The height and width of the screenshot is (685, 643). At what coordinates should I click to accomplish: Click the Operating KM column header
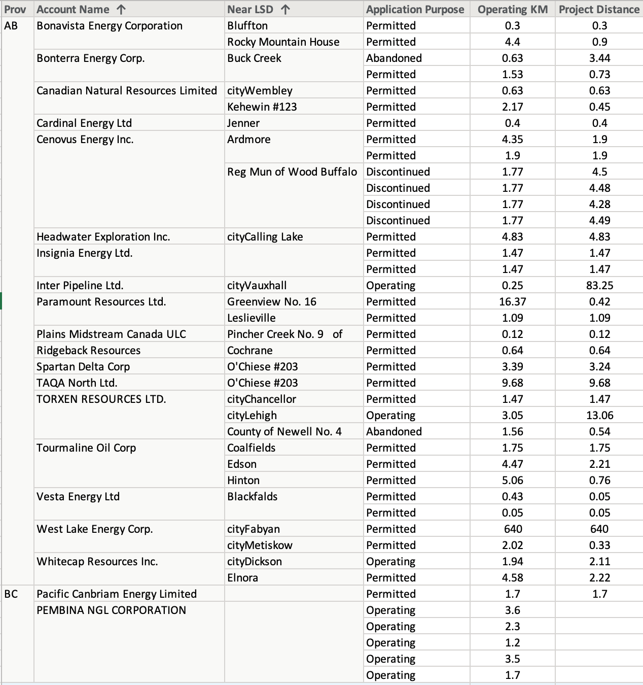coord(512,9)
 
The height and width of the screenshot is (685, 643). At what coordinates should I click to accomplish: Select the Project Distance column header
coord(599,9)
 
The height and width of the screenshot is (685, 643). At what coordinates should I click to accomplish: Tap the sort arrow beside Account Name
coord(121,10)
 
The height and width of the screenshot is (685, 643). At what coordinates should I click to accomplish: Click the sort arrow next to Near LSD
coord(285,10)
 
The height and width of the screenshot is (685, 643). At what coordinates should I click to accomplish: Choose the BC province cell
coord(11,594)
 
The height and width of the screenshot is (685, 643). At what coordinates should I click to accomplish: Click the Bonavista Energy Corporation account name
coord(110,26)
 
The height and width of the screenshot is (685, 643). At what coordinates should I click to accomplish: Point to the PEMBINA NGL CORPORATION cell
coord(111,610)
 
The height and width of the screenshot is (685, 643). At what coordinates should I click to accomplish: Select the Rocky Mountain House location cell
coord(283,42)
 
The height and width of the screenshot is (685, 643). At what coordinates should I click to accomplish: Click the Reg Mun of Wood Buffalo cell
coord(292,172)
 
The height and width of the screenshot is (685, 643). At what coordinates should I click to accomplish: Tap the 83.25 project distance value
coord(599,286)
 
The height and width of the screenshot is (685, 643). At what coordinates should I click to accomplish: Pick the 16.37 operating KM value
coord(512,302)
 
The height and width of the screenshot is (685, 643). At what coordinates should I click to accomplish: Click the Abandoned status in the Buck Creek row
coord(394,58)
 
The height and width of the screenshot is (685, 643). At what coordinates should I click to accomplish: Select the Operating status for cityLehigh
coord(390,416)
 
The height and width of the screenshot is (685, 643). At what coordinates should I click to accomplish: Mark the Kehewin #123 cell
coord(262,107)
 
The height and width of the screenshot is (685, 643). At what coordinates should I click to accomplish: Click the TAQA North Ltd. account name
coord(77,383)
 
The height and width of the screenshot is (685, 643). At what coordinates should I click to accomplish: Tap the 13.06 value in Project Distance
coord(599,416)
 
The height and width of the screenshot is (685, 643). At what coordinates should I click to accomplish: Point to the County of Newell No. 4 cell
coord(284,432)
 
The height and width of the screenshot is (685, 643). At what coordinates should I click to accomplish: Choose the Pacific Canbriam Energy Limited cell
coord(116,594)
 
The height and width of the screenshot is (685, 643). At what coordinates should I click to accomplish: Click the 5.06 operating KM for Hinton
coord(512,481)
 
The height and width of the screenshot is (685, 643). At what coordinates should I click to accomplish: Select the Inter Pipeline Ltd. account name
coord(80,286)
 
